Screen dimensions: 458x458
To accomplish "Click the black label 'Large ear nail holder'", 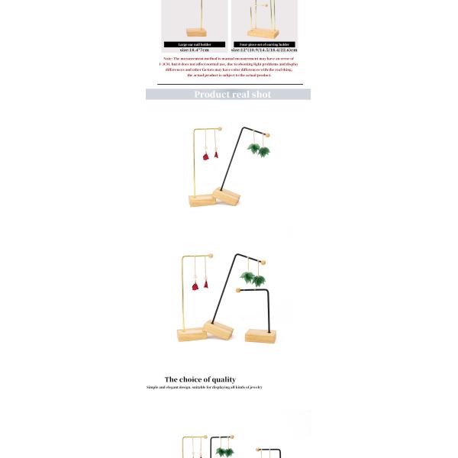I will coord(195,44).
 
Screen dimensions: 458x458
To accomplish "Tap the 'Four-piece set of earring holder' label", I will coord(264,44).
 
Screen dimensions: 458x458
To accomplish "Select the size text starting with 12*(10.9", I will coord(264,50).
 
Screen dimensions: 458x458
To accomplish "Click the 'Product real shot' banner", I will coord(228,95).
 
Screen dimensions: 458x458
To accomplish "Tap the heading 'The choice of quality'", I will coord(200,379).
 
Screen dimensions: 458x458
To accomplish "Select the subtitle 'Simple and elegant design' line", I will coord(204,388).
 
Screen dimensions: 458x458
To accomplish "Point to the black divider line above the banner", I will coord(230,84).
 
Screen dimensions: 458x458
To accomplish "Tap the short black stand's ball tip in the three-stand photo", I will coord(239,290).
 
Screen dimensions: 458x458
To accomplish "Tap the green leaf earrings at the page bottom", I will coord(224,452).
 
